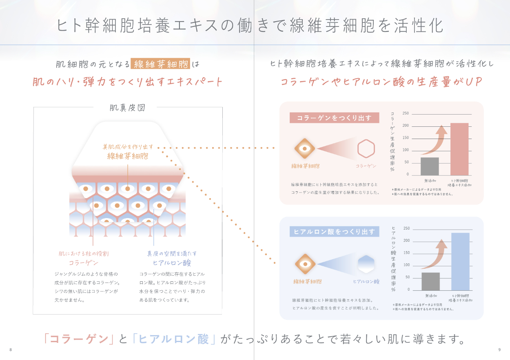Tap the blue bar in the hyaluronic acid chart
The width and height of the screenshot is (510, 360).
(460, 261)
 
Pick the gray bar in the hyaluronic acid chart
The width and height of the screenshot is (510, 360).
(430, 281)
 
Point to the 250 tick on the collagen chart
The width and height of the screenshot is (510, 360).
(406, 113)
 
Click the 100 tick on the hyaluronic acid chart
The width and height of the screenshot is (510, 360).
(406, 265)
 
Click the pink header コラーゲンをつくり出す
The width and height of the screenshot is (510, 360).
(334, 118)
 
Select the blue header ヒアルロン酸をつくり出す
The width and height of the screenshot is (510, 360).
(334, 232)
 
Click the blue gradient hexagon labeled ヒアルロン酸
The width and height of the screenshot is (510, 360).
(366, 264)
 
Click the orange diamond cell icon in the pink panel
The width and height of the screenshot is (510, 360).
(304, 148)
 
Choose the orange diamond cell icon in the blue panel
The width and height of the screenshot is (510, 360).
(304, 264)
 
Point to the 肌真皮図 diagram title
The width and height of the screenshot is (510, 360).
(127, 108)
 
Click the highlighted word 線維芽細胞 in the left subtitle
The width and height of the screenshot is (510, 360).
(162, 64)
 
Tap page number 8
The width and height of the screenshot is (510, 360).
(11, 350)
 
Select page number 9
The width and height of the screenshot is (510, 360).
(499, 350)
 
